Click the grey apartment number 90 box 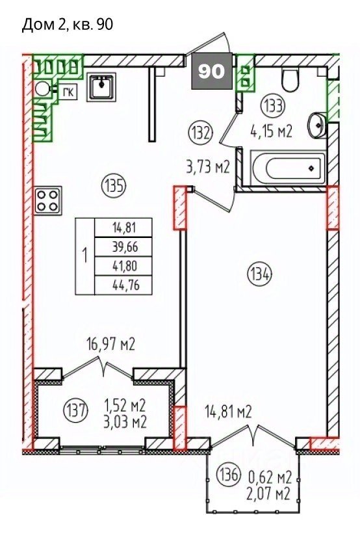212,71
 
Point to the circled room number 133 274,106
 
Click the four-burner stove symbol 47,200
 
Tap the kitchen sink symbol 101,86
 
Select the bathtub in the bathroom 287,168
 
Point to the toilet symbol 290,80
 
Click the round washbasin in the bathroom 316,125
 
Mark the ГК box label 67,92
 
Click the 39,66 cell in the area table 123,247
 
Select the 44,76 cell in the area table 123,285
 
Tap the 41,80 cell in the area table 123,266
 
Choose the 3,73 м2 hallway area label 207,167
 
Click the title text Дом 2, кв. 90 68,25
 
